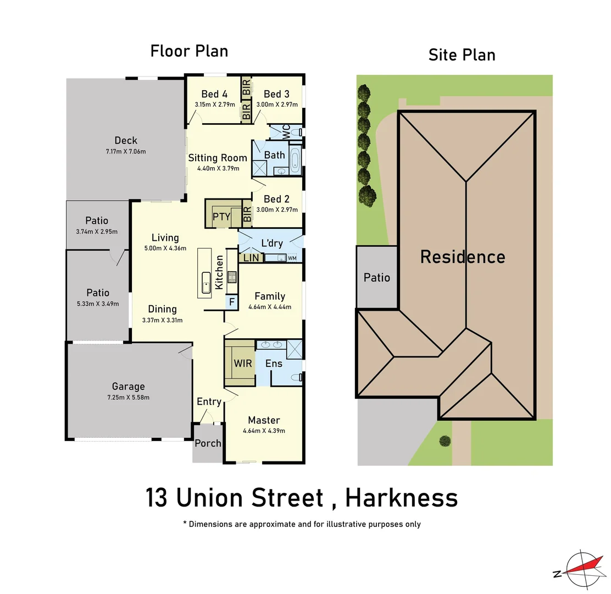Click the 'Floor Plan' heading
[x=189, y=51]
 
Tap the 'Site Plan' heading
[x=462, y=55]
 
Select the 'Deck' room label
[x=126, y=140]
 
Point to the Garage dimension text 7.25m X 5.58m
[x=128, y=397]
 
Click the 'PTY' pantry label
[x=221, y=216]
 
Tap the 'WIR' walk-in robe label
[x=243, y=364]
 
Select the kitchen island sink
[x=206, y=283]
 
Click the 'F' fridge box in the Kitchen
[x=231, y=301]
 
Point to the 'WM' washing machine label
[x=292, y=258]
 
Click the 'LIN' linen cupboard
[x=251, y=257]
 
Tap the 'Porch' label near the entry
[x=208, y=443]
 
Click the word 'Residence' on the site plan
[x=463, y=257]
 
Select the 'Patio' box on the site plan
[x=377, y=277]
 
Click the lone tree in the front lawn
[x=445, y=441]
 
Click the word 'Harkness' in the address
[x=401, y=498]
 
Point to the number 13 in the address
[x=158, y=498]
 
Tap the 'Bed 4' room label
[x=214, y=94]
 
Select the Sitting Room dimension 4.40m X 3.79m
[x=218, y=168]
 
